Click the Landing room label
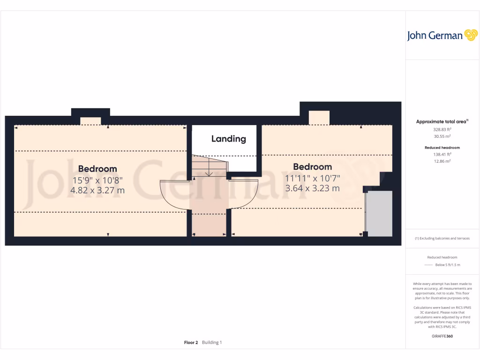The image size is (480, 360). tap(228, 139)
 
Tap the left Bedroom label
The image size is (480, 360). tap(97, 169)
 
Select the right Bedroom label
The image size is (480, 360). tap(312, 167)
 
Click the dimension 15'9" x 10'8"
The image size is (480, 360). tap(97, 180)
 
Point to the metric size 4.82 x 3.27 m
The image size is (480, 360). tap(97, 190)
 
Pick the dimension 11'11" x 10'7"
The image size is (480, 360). tap(312, 178)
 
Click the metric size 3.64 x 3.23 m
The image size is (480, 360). tap(312, 188)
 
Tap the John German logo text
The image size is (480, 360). tap(435, 36)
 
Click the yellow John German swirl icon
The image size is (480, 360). tap(471, 35)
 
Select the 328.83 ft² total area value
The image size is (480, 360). tap(442, 129)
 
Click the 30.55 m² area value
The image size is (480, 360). tap(442, 136)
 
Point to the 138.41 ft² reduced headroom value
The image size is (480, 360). tap(442, 154)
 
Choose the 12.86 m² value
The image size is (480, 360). tap(442, 161)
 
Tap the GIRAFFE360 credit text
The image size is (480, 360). tap(442, 336)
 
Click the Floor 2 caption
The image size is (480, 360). tap(191, 343)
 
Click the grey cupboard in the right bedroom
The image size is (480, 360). tap(379, 213)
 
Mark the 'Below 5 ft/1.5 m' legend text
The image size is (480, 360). tap(448, 265)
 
